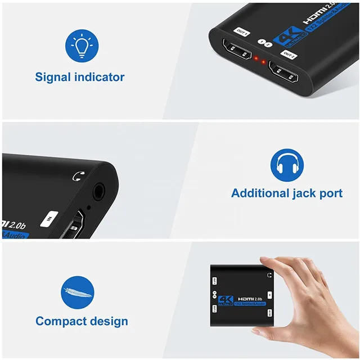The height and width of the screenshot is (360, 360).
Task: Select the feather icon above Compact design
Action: pos(77,291)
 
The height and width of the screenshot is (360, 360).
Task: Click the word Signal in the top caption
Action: pos(53,77)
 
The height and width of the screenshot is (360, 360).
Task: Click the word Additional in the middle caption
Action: pos(258,193)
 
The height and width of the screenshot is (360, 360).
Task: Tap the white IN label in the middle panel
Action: pos(51,217)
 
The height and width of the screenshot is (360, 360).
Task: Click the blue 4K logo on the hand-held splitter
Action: pos(227,300)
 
